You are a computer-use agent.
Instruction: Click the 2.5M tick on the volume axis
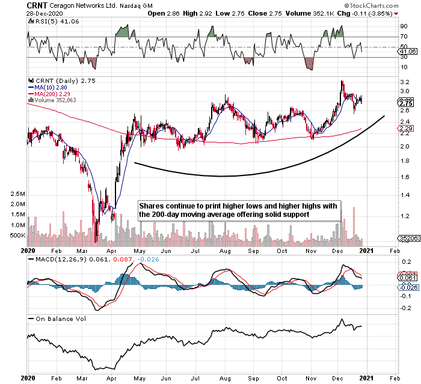16,195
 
